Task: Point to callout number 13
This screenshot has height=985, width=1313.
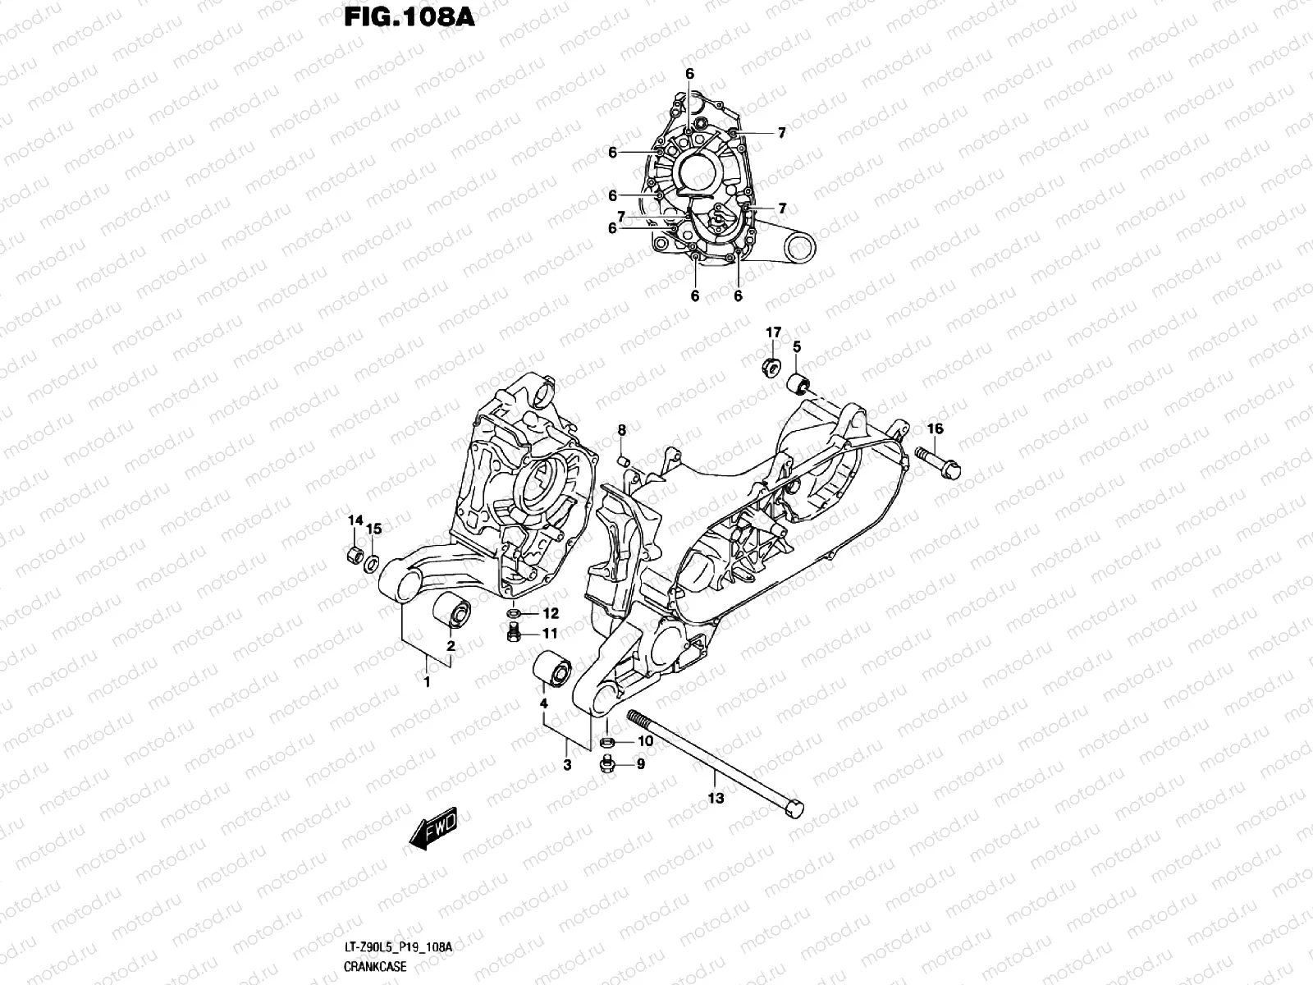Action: tap(715, 798)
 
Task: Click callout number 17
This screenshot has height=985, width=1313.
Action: tap(773, 332)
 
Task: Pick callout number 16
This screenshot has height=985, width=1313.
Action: tap(936, 429)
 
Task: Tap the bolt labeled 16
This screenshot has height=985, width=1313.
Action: tap(940, 460)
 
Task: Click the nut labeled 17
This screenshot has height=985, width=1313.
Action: tap(771, 366)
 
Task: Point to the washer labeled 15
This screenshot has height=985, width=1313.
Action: tap(372, 563)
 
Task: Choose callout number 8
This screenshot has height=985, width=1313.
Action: tap(622, 430)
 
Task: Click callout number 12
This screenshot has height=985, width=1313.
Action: tap(549, 613)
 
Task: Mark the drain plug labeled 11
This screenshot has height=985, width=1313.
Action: tap(514, 635)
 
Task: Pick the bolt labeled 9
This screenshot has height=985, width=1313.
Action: tap(608, 765)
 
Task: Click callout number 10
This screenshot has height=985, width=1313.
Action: tap(644, 741)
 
